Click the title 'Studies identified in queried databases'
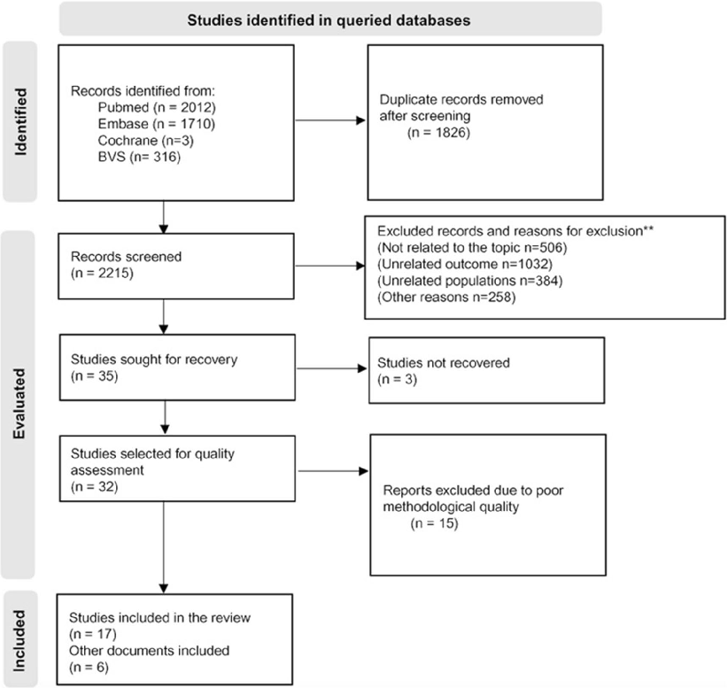pos(328,18)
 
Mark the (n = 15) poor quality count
pos(431,524)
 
